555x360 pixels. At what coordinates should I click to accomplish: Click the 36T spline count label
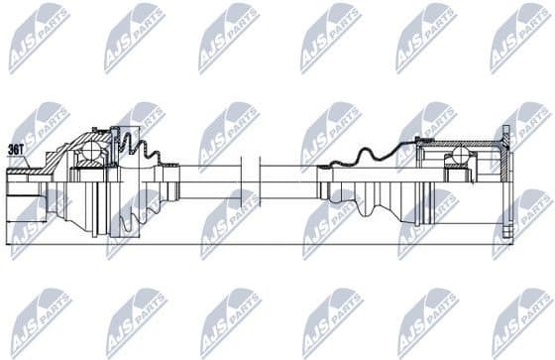tap(17, 150)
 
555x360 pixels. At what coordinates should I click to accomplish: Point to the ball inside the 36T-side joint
tap(91, 152)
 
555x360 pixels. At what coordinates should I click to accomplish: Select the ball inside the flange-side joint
tap(459, 155)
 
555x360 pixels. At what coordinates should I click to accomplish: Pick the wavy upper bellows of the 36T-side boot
tap(139, 149)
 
